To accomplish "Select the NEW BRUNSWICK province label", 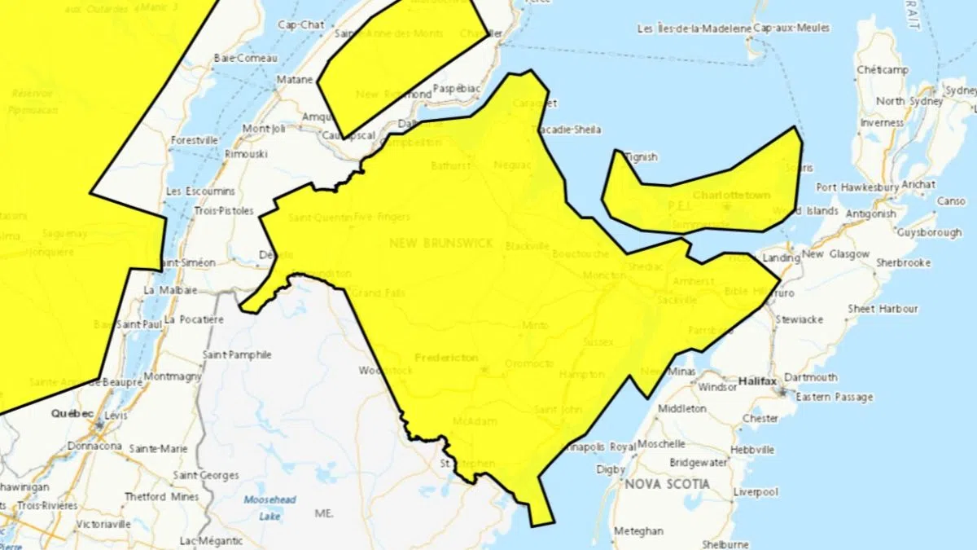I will click(441, 243).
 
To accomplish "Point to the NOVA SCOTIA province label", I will click(667, 484).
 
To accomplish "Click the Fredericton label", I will click(445, 358).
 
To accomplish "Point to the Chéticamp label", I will click(882, 70).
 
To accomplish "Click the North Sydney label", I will click(904, 101).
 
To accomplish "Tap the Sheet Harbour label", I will click(883, 309).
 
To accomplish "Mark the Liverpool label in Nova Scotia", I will click(756, 492).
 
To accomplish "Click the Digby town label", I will click(611, 469).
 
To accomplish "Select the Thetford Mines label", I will click(156, 496).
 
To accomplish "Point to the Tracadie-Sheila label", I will click(567, 130).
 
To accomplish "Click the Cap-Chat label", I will click(300, 24).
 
